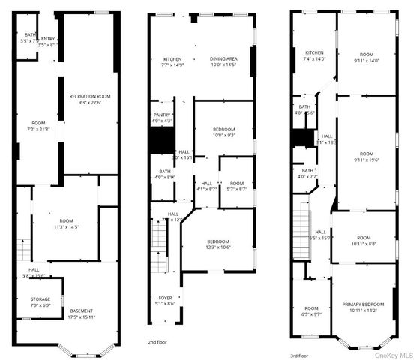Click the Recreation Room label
(89, 99)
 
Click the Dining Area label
(223, 62)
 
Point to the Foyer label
(164, 300)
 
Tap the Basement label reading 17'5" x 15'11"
(82, 313)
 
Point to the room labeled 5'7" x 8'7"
(237, 186)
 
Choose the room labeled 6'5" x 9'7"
(311, 311)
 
